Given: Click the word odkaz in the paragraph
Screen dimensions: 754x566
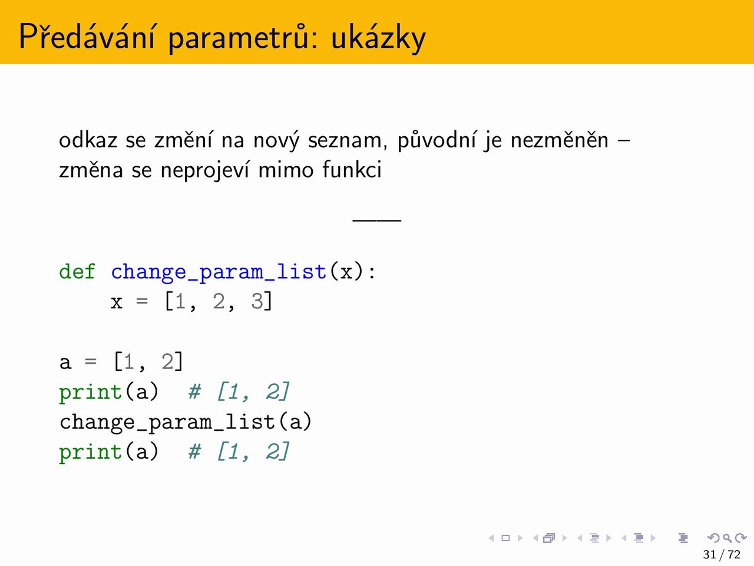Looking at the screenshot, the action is pyautogui.click(x=88, y=140).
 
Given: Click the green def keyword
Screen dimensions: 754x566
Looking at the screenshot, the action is pyautogui.click(x=77, y=271).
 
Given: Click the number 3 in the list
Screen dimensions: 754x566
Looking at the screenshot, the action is pyautogui.click(x=257, y=301).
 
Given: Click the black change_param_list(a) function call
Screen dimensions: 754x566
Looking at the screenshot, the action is pyautogui.click(x=186, y=422).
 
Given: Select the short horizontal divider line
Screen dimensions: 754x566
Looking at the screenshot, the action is pyautogui.click(x=377, y=221).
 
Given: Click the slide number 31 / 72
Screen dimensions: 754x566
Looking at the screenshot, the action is pyautogui.click(x=722, y=554).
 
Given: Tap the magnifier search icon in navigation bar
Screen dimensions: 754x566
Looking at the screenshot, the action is pyautogui.click(x=727, y=538).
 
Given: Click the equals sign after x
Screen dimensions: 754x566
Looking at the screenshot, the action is pyautogui.click(x=142, y=301).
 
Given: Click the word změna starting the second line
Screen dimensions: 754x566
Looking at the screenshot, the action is pyautogui.click(x=91, y=170).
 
